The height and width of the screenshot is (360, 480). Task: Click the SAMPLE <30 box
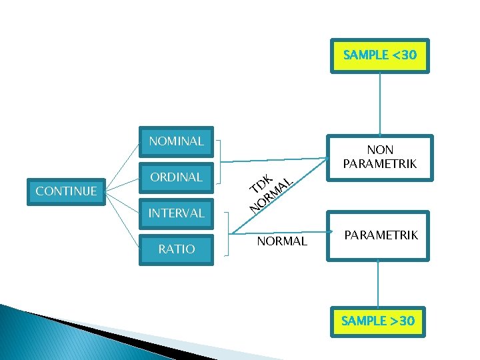[379, 55]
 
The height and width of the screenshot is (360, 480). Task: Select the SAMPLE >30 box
[377, 321]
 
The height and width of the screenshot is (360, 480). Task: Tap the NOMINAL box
[176, 141]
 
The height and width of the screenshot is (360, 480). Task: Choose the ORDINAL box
[176, 177]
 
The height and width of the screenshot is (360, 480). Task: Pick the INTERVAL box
[176, 213]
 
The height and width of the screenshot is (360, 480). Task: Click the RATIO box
[176, 249]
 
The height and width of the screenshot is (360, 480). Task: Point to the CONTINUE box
[66, 191]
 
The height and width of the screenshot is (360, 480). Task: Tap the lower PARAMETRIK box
[381, 235]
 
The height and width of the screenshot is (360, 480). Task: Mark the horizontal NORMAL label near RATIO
[282, 241]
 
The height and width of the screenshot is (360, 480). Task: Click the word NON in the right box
[380, 150]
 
